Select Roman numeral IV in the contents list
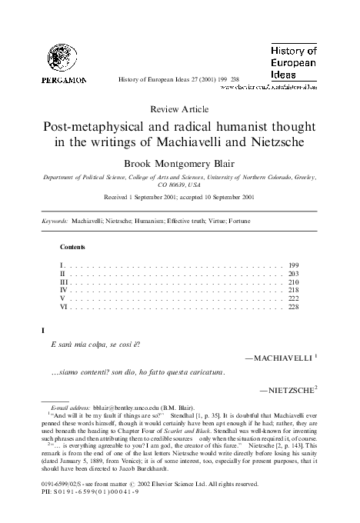(65, 291)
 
